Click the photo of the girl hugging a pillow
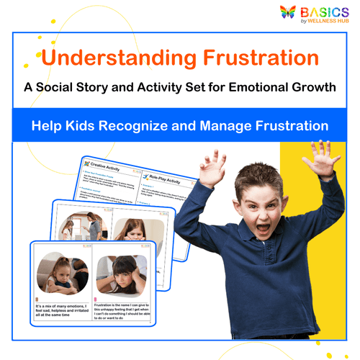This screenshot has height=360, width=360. click(64, 272)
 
